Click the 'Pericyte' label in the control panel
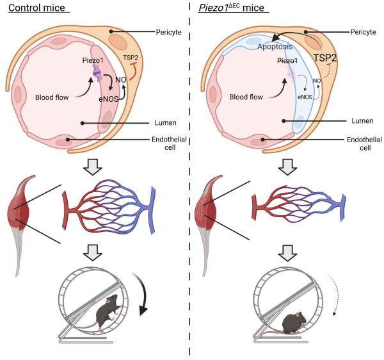170,31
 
